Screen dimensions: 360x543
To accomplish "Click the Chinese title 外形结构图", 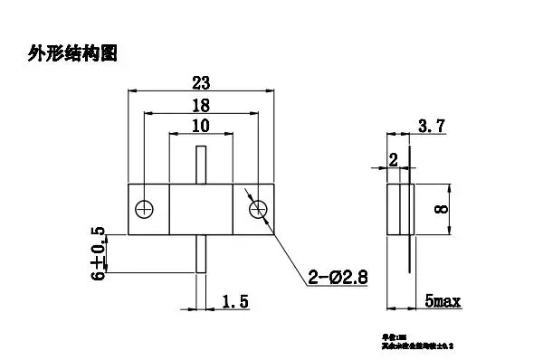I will pyautogui.click(x=72, y=53).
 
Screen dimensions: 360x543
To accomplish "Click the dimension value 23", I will pyautogui.click(x=201, y=81).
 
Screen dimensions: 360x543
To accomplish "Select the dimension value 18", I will pyautogui.click(x=201, y=104).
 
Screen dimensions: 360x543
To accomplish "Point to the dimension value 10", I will pyautogui.click(x=201, y=126).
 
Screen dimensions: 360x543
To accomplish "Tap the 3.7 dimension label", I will pyautogui.click(x=433, y=129).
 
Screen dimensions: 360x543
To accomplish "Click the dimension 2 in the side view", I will pyautogui.click(x=393, y=160).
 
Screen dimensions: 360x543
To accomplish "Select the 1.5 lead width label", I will pyautogui.click(x=233, y=300).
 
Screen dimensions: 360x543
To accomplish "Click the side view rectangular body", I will pyautogui.click(x=399, y=209).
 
